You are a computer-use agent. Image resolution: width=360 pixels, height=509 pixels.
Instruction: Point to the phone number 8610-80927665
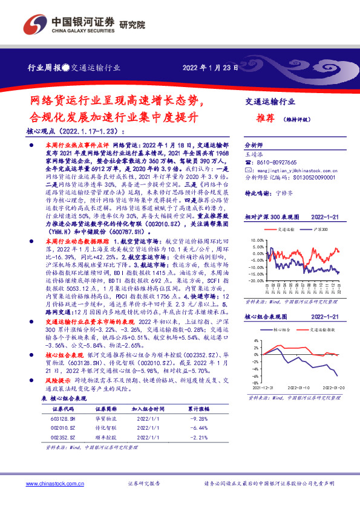[275, 163]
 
